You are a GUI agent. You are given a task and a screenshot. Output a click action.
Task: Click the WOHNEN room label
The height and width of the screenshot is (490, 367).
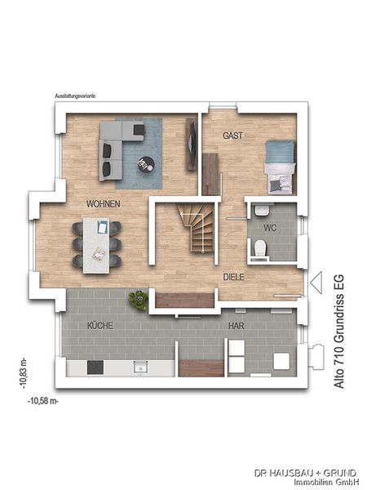pos(104,204)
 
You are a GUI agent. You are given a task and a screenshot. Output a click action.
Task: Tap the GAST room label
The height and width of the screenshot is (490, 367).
pos(232,136)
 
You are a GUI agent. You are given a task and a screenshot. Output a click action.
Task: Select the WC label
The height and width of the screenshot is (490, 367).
pos(270,228)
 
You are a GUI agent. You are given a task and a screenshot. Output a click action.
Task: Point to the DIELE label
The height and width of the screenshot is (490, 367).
pos(234,277)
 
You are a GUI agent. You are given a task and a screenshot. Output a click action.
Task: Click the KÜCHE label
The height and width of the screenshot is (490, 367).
pos(99,325)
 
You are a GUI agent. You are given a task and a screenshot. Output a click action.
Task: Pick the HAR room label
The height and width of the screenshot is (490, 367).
pos(237,326)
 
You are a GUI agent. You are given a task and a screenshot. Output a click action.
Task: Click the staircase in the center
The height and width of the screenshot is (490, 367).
pos(197,227)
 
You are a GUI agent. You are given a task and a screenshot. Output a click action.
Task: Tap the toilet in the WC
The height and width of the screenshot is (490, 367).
pos(259,248)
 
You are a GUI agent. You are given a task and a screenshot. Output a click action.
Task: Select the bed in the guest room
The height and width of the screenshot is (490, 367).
pos(280,167)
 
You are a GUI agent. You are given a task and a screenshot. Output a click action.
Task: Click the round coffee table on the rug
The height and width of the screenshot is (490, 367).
pos(146,164)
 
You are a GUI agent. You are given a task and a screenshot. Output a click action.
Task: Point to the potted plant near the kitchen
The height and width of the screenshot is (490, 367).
pos(139,301)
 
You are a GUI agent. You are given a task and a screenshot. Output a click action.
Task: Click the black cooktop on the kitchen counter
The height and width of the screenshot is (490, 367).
pos(95,367)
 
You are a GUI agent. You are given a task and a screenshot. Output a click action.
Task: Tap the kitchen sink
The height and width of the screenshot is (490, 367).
pos(140,367)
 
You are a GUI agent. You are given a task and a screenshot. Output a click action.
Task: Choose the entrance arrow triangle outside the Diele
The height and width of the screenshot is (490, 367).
pos(316,283)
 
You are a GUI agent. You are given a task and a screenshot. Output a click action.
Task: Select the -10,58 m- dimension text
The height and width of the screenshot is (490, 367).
pos(43,401)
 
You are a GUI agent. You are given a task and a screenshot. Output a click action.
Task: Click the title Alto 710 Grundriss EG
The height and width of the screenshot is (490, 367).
pos(339,332)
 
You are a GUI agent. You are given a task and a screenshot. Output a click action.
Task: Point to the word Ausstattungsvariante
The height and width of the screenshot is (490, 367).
pos(75,96)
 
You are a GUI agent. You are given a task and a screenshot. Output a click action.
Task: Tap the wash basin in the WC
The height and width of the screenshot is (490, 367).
pos(261,211)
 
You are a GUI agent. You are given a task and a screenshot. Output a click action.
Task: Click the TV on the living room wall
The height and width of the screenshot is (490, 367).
pos(191,144)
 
